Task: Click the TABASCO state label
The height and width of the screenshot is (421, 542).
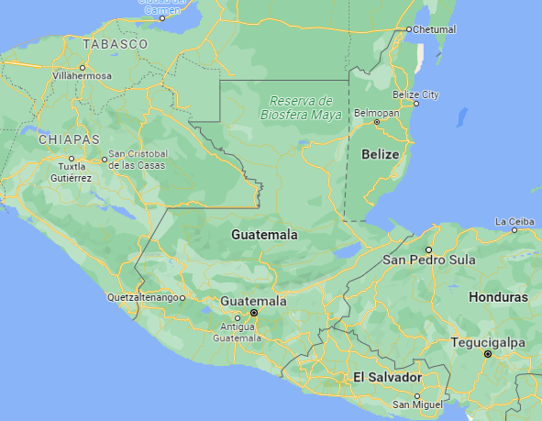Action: [x=115, y=44]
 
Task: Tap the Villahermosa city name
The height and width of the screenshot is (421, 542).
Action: [x=83, y=76]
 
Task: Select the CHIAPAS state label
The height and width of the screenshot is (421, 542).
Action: [x=69, y=139]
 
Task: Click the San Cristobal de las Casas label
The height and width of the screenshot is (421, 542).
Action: [x=138, y=159]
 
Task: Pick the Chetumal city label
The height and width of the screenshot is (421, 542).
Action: [x=435, y=29]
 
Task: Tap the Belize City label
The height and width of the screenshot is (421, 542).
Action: [x=415, y=94]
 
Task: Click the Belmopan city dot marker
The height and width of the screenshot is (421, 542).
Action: [x=377, y=122]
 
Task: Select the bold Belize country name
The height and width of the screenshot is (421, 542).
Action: [x=380, y=154]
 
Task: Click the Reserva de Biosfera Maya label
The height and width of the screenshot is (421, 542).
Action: [x=301, y=107]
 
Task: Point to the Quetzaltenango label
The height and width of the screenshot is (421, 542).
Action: [x=143, y=297]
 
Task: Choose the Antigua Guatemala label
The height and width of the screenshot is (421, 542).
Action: [x=238, y=332]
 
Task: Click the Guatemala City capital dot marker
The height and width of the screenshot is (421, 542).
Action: [x=254, y=313]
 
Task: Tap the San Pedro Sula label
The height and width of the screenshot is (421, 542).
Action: [x=429, y=260]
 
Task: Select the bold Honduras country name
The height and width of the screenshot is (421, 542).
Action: [x=498, y=298]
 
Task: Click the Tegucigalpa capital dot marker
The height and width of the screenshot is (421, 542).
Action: [x=488, y=353]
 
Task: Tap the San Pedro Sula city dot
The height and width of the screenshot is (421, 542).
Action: [x=427, y=249]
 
